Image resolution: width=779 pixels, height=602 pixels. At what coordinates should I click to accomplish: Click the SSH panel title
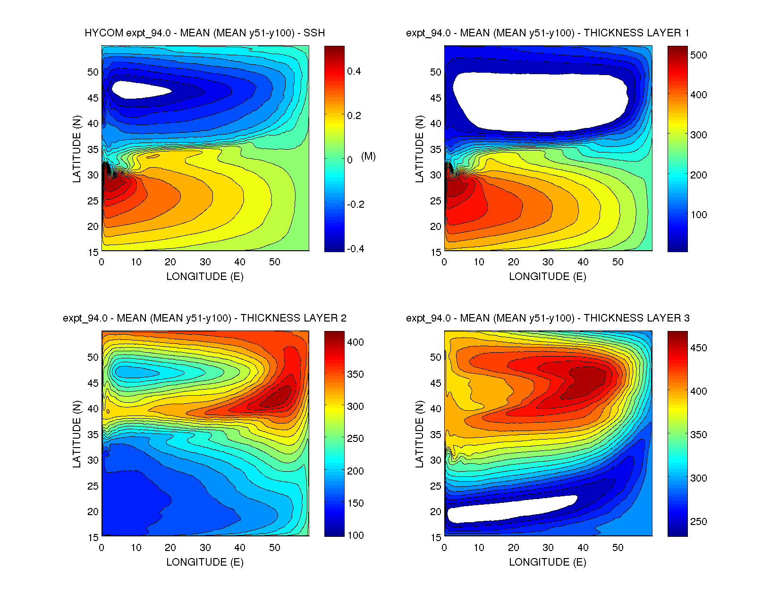[204, 33]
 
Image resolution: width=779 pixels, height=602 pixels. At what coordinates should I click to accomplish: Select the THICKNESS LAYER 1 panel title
[547, 33]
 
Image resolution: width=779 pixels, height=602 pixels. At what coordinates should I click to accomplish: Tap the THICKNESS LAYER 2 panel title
[204, 318]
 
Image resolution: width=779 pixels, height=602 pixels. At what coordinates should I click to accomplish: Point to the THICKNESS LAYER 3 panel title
[547, 318]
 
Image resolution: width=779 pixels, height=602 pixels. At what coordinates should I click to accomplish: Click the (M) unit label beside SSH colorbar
[368, 156]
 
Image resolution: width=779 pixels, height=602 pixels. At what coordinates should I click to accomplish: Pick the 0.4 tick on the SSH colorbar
[354, 71]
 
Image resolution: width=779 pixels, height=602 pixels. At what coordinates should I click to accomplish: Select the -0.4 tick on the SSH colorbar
[355, 249]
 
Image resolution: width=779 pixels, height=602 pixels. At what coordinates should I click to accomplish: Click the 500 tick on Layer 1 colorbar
[698, 55]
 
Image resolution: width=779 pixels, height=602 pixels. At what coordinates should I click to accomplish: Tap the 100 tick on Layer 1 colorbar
[698, 215]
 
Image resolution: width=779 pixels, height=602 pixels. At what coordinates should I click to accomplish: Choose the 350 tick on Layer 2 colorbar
[355, 374]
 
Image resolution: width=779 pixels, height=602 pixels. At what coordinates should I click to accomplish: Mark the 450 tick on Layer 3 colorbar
[698, 348]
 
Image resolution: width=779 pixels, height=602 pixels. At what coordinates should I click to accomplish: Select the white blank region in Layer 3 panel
[510, 509]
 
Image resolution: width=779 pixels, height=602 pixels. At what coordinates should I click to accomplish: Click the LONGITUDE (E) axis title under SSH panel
[204, 277]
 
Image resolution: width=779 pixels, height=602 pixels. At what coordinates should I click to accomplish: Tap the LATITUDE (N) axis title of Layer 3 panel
[419, 434]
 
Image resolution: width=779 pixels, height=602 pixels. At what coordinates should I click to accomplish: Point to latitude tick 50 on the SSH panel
[93, 72]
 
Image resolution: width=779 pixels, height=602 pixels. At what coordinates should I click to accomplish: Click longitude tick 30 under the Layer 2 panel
[205, 548]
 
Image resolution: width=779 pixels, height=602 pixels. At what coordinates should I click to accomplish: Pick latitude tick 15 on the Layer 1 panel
[436, 253]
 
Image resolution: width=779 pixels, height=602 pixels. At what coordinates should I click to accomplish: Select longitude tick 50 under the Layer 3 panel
[618, 548]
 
